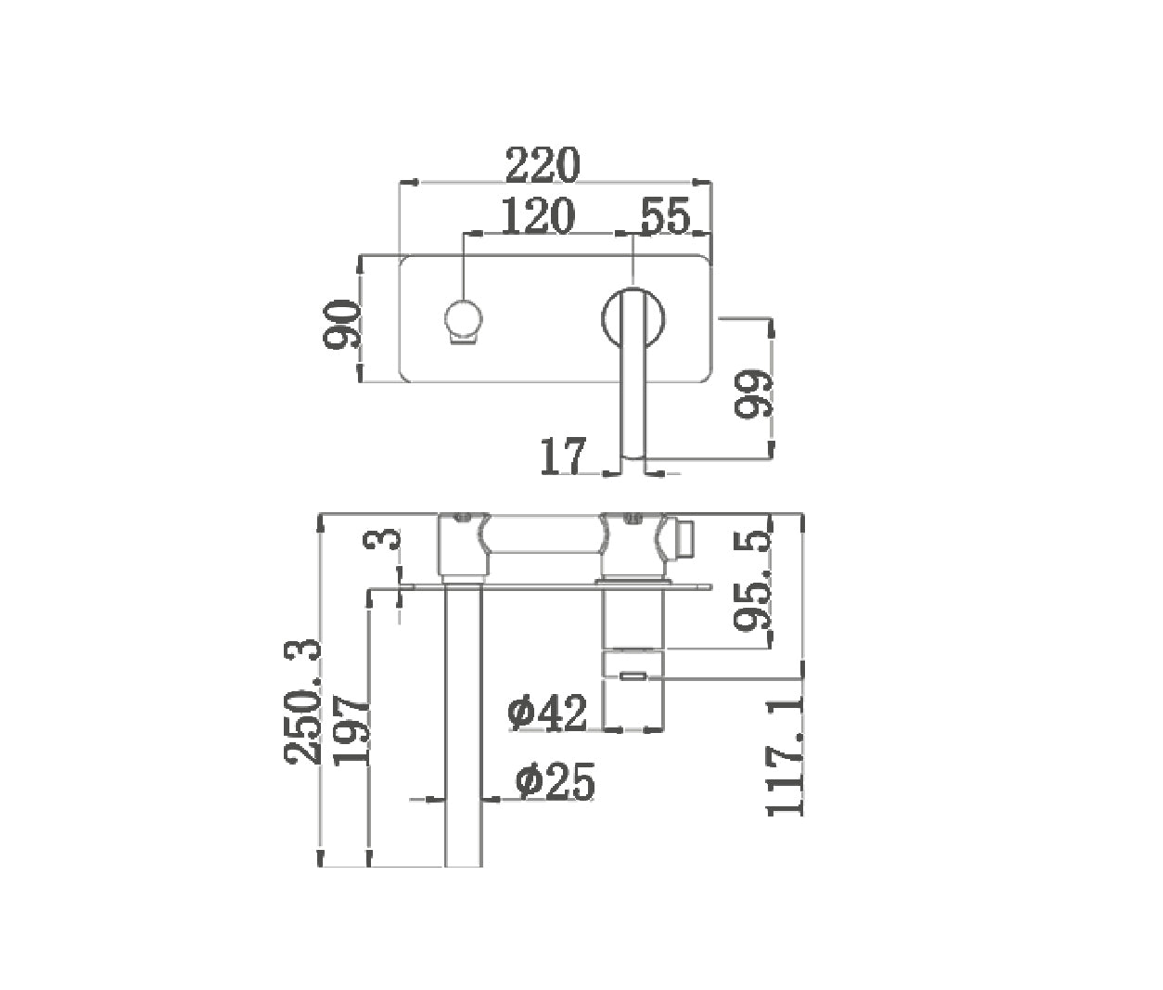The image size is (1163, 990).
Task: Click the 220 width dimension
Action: click(543, 165)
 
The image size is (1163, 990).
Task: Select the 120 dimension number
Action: click(538, 215)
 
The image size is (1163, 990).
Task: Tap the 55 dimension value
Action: click(666, 216)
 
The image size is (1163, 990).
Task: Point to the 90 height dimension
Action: click(341, 326)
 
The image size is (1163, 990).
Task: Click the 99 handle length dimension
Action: click(753, 393)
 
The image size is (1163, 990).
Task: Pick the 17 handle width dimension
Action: click(563, 456)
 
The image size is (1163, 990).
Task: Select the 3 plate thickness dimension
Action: click(382, 540)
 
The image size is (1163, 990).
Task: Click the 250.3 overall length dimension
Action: click(302, 701)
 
